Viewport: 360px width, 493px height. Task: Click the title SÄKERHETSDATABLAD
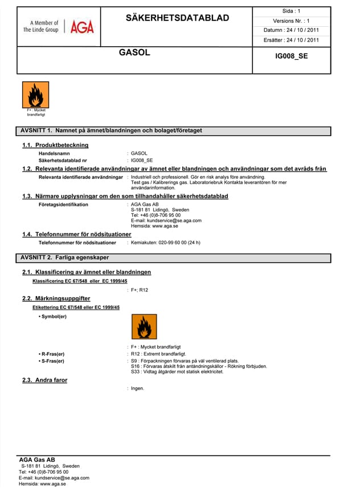[x=177, y=18]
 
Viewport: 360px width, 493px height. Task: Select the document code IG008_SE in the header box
[x=291, y=56]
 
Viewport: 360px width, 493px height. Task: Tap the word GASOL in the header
[x=134, y=53]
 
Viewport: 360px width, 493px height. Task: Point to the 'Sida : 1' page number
[x=291, y=11]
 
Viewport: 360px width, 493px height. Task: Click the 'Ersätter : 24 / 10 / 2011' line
[x=291, y=40]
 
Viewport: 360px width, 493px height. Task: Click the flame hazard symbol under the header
[x=32, y=94]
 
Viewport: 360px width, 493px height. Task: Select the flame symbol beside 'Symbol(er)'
[x=144, y=327]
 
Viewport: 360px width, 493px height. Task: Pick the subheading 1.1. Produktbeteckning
[x=55, y=145]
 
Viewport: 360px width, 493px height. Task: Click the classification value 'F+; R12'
[x=140, y=290]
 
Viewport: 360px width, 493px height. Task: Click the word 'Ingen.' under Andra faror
[x=138, y=388]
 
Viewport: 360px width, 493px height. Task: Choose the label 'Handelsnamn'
[x=54, y=154]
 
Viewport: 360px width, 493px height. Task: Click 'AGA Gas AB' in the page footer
[x=37, y=459]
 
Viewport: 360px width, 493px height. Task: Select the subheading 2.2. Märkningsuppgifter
[x=56, y=298]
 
